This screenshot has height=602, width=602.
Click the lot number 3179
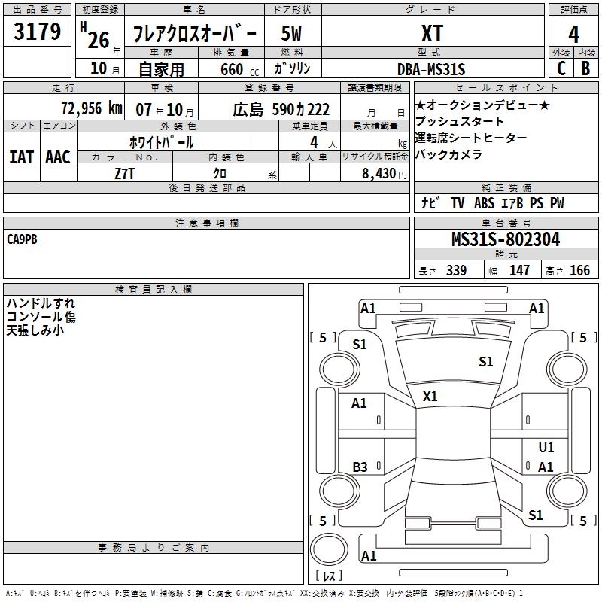(38, 32)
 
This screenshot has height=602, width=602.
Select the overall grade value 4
(573, 34)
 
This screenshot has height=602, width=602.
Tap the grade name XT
(432, 33)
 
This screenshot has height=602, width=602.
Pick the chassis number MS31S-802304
(506, 239)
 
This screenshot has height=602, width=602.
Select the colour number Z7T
(125, 173)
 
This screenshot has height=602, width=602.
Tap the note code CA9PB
(22, 239)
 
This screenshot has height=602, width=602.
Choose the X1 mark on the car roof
(430, 396)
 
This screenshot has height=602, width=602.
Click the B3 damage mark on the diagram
(360, 467)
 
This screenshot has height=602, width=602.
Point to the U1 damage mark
(546, 448)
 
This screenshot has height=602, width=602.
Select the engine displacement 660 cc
(231, 69)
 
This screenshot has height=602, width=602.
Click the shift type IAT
(21, 157)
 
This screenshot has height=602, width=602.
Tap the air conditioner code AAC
(57, 157)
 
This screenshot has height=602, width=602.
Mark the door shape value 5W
(292, 33)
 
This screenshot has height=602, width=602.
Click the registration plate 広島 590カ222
(281, 108)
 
